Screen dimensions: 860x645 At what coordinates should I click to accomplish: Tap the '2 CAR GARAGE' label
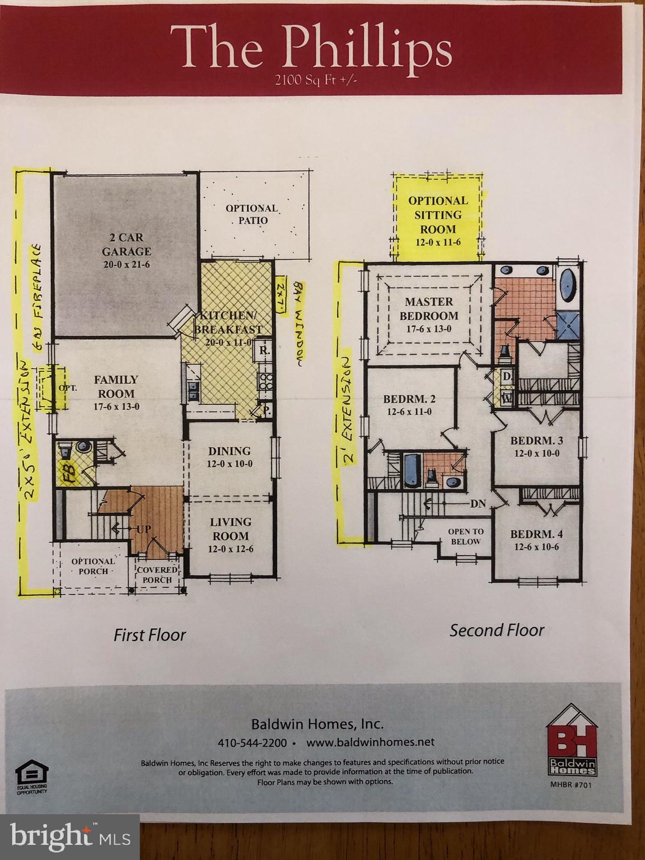127,251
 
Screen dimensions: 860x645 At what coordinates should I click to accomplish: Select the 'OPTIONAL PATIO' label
252,214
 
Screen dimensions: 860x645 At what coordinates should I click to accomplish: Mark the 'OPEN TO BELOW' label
465,536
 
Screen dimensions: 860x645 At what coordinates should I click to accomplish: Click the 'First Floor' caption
149,634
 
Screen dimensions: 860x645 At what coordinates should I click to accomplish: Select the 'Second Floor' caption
497,630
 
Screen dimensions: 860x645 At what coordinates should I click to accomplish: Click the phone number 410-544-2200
252,742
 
